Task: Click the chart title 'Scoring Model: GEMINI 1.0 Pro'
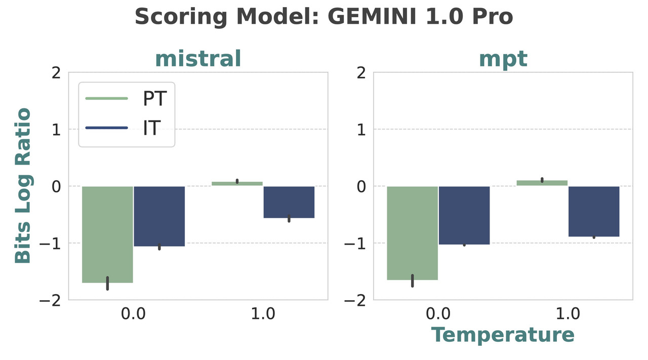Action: pyautogui.click(x=324, y=17)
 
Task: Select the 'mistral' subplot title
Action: pyautogui.click(x=198, y=59)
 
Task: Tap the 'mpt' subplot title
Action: pyautogui.click(x=503, y=59)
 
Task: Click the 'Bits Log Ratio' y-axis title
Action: pyautogui.click(x=23, y=186)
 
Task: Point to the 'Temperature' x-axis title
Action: pyautogui.click(x=503, y=335)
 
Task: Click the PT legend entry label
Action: pyautogui.click(x=154, y=99)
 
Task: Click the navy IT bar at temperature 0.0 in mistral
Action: pyautogui.click(x=159, y=216)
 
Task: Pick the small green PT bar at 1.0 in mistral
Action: pyautogui.click(x=237, y=184)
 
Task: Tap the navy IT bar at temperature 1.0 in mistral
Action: pyautogui.click(x=289, y=202)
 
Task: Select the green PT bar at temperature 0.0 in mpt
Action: pyautogui.click(x=413, y=233)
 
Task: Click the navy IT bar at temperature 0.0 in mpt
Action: pyautogui.click(x=464, y=215)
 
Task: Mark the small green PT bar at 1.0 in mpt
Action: pyautogui.click(x=542, y=183)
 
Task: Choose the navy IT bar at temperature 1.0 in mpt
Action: pyautogui.click(x=594, y=211)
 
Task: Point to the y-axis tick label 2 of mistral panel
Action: pyautogui.click(x=56, y=73)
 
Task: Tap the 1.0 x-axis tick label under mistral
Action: pyautogui.click(x=263, y=314)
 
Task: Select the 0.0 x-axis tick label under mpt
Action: pyautogui.click(x=438, y=314)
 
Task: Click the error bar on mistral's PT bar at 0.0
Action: pyautogui.click(x=107, y=284)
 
